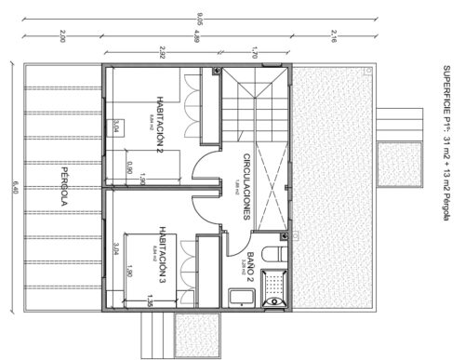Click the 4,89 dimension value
pyautogui.click(x=196, y=38)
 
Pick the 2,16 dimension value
pyautogui.click(x=333, y=38)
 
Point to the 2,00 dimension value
pyautogui.click(x=61, y=38)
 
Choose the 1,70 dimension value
pyautogui.click(x=254, y=52)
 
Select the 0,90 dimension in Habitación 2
pyautogui.click(x=129, y=167)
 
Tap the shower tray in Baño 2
pyautogui.click(x=274, y=287)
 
